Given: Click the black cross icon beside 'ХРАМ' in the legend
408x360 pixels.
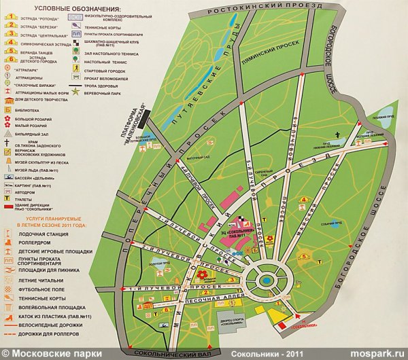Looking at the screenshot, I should click(x=10, y=143).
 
